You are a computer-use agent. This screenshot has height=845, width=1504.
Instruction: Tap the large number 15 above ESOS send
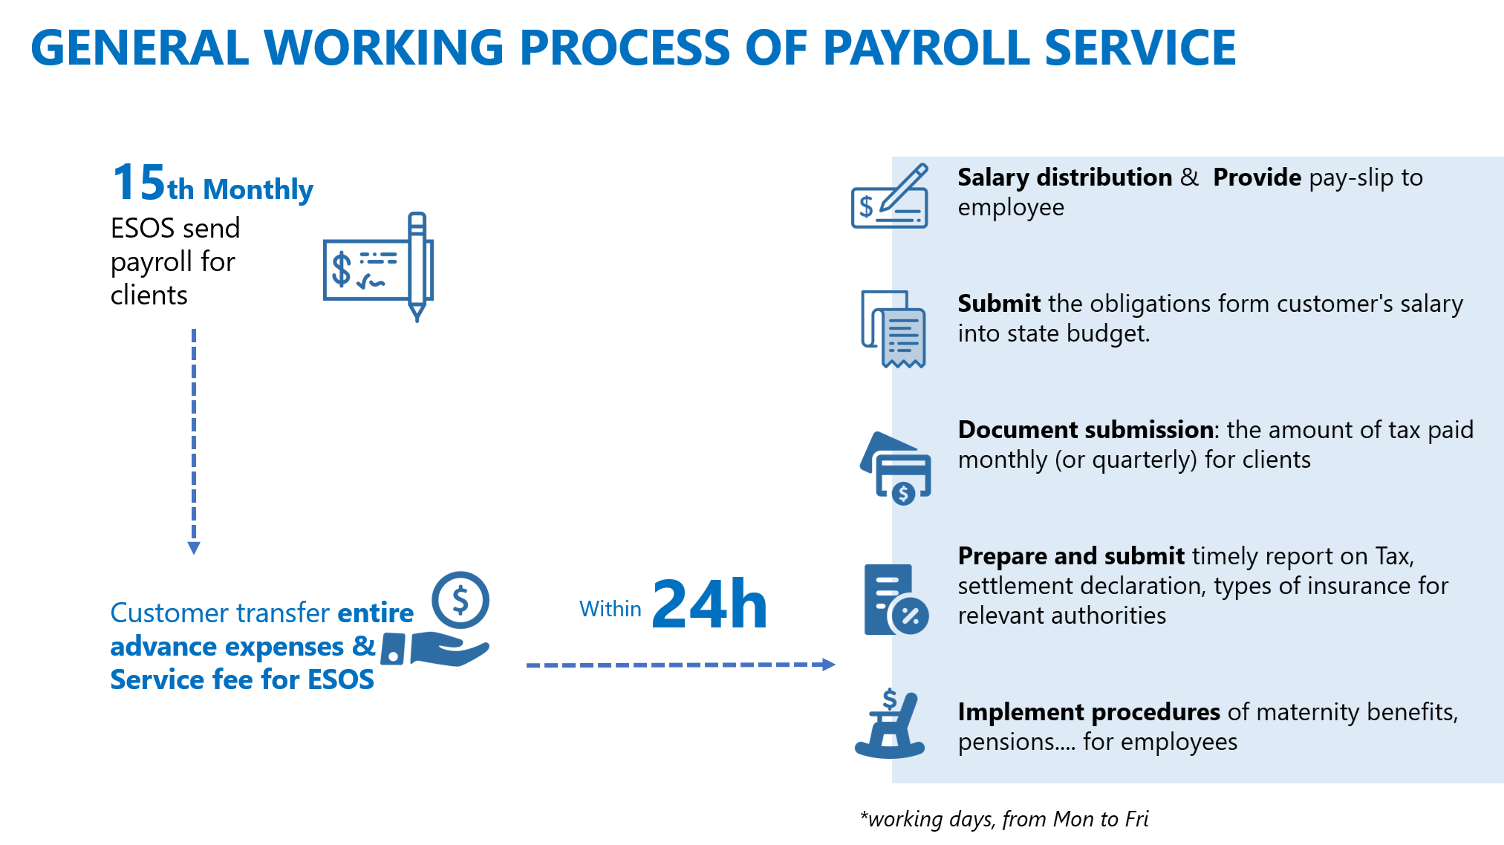(139, 183)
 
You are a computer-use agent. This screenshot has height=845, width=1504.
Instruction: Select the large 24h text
(709, 604)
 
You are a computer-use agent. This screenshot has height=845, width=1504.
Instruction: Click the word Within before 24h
(610, 609)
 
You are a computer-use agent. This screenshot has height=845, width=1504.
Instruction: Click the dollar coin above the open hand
(460, 600)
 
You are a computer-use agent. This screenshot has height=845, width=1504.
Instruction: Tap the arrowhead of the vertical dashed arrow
(194, 548)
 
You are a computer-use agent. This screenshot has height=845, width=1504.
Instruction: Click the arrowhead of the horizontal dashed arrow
(829, 665)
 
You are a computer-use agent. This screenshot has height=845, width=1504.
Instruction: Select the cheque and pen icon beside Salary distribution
(890, 196)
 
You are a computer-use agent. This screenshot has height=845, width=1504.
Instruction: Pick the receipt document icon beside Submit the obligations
(893, 329)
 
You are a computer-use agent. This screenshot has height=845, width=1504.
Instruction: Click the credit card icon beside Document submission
(896, 469)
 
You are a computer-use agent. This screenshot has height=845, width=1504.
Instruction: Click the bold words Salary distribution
(1064, 177)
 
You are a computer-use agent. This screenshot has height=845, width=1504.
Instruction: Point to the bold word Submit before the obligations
(999, 304)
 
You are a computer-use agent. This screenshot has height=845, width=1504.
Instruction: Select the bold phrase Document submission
(1086, 430)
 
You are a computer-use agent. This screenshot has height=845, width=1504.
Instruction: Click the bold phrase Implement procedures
(1089, 712)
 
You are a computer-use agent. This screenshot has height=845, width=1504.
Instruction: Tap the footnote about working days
(1004, 819)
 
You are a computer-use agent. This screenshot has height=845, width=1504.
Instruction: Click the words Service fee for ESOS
(242, 679)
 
